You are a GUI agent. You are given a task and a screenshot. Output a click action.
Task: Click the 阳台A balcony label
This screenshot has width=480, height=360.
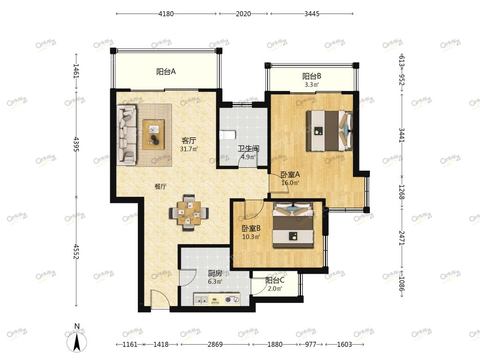(166, 72)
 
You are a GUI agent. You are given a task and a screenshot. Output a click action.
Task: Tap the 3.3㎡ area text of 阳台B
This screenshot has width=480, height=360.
(312, 84)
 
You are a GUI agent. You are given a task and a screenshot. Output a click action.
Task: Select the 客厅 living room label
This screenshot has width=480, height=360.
(188, 141)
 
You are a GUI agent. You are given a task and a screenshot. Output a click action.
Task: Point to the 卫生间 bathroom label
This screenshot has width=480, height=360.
(248, 149)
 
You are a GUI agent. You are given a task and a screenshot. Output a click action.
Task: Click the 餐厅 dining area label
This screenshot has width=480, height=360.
(160, 187)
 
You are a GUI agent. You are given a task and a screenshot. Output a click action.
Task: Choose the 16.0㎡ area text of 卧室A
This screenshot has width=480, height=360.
(290, 183)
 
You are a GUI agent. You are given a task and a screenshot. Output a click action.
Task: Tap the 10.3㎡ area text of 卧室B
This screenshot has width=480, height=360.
(251, 237)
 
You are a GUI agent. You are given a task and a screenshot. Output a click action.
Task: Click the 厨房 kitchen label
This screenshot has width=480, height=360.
(215, 273)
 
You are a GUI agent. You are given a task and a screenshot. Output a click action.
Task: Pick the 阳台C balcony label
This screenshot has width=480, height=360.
(275, 280)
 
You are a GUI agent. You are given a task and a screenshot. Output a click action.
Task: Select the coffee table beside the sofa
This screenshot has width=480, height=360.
(153, 135)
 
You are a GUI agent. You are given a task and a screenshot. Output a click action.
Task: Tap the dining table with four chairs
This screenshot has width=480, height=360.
(189, 212)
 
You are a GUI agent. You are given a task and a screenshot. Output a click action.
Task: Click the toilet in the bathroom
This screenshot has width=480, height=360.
(228, 135)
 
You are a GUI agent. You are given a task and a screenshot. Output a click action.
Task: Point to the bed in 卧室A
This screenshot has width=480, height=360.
(330, 131)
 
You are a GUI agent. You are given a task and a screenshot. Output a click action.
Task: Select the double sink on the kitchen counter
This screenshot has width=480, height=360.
(201, 299)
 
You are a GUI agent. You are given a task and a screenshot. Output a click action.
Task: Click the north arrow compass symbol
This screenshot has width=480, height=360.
(77, 340)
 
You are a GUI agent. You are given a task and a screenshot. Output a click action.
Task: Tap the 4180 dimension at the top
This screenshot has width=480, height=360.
(166, 14)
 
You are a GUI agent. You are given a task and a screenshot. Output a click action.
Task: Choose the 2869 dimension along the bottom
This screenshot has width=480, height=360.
(215, 345)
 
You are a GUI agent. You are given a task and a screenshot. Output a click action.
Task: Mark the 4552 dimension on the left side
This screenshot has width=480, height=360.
(76, 251)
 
